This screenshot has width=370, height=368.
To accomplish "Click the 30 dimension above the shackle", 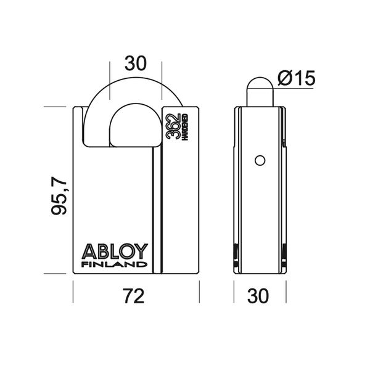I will pyautogui.click(x=136, y=63).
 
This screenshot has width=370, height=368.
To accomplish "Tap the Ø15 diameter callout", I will pyautogui.click(x=296, y=78).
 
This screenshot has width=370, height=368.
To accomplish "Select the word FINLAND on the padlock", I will pyautogui.click(x=115, y=265).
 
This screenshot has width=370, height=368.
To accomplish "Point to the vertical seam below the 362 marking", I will pyautogui.click(x=162, y=210).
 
